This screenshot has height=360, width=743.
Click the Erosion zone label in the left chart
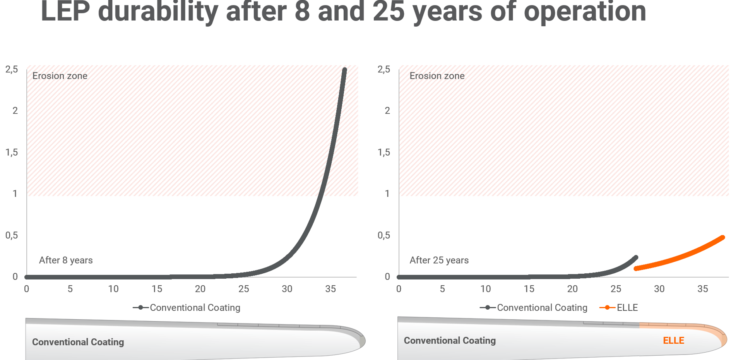pos(60,76)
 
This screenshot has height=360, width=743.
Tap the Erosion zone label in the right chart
pos(437,76)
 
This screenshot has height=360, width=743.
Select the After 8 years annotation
pos(66,260)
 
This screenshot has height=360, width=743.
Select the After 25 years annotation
pos(439,260)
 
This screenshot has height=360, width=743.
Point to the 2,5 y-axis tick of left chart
pos(12,70)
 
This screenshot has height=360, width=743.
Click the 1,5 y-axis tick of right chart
pos(383,153)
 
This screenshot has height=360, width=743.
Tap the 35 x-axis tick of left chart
pos(330,289)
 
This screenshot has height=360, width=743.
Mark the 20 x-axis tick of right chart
pos(572,289)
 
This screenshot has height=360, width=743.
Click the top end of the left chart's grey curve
pos(344,70)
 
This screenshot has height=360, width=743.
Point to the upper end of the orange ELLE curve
pos(722,238)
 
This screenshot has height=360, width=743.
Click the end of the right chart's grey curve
pos(635,257)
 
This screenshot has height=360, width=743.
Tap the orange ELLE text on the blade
pos(673,341)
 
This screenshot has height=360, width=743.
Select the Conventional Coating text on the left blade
pos(78,342)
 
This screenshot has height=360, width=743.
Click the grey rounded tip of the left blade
pos(362,341)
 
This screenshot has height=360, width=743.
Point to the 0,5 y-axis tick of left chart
pos(12,235)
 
